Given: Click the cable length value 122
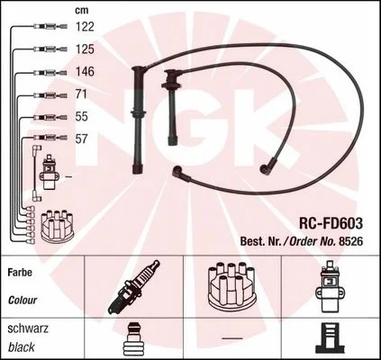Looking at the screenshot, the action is pos(85,27).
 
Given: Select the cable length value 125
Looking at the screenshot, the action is pos(85,49).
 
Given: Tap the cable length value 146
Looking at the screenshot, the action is pos(85,72).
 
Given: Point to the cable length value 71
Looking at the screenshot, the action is pos(81,94).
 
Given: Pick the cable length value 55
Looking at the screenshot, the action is pos(82,116).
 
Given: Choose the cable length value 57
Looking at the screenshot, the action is pos(82,139).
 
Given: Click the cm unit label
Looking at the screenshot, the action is pos(82,11).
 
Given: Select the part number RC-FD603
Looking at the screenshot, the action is pos(331,223).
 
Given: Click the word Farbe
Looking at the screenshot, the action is pos(20,273).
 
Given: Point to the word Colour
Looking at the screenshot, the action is pos(23,300).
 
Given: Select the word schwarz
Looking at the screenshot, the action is pos(28,328).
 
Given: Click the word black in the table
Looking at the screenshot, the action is pos(22,347).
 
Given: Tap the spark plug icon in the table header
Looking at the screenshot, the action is pos(134,287).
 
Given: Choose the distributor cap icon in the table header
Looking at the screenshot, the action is pos(231,285).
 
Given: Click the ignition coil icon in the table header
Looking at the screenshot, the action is pos(330,286).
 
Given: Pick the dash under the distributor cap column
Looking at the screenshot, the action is pos(232,338).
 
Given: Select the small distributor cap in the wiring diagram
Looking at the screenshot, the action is pos(57,226).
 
